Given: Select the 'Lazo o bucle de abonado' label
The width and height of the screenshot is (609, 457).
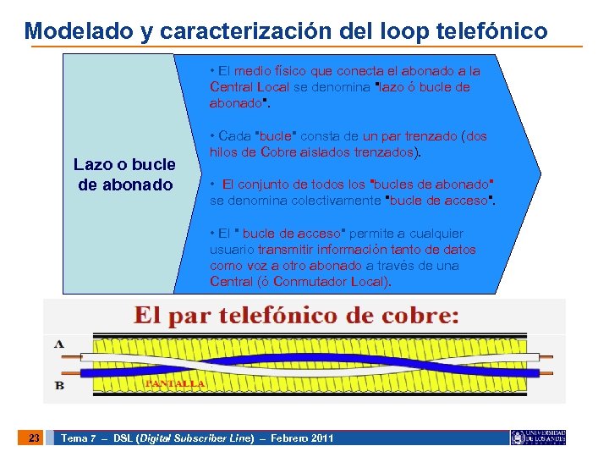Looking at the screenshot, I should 124,174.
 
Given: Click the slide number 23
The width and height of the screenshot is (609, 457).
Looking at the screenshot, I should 34,438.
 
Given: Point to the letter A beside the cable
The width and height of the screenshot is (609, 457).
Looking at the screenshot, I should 59,344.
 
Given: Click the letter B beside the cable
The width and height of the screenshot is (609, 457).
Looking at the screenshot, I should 59,385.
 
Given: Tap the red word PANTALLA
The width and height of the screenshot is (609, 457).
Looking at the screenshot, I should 175,383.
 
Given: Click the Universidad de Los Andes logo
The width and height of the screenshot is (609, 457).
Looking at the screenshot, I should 538,438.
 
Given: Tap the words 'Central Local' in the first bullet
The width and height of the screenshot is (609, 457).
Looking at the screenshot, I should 250,87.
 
